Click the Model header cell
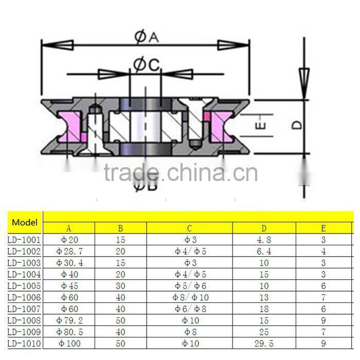pyautogui.click(x=25, y=223)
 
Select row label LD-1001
pyautogui.click(x=24, y=239)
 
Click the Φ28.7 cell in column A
pyautogui.click(x=69, y=251)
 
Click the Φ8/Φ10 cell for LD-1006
pyautogui.click(x=190, y=298)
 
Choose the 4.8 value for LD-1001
pyautogui.click(x=264, y=239)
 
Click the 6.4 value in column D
pyautogui.click(x=264, y=251)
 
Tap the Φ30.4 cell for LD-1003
pyautogui.click(x=69, y=263)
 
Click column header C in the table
pyautogui.click(x=190, y=228)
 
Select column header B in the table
pyautogui.click(x=120, y=228)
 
